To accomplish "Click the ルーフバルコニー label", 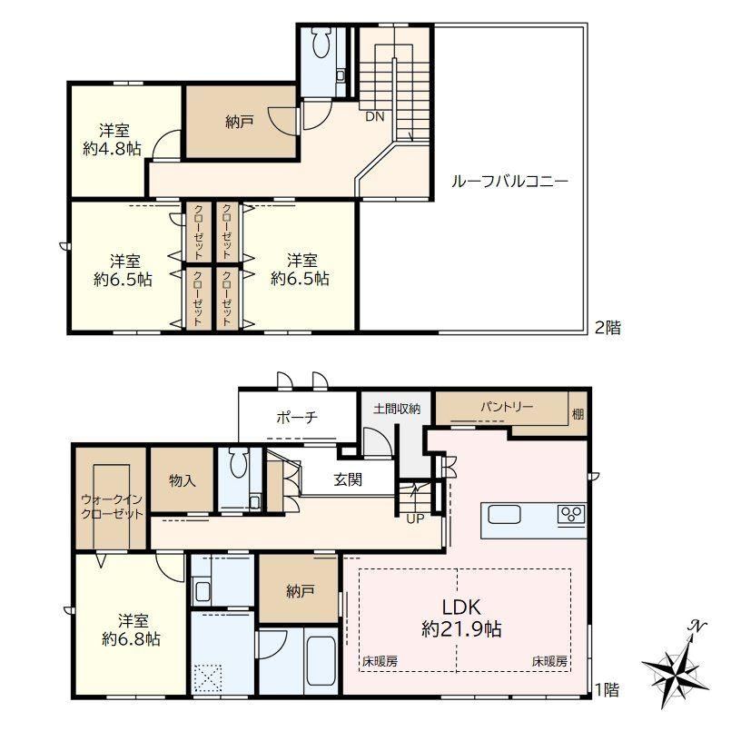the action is pos(509,182).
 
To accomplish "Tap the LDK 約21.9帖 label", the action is pos(461,618).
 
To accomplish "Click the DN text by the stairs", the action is pos(375,116).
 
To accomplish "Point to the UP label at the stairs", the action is pos(415,519).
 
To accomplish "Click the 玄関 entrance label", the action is pos(348,479).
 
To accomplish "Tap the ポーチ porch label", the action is pos(297,418).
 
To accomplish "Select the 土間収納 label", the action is pos(397,409).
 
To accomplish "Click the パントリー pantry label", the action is pos(507,407).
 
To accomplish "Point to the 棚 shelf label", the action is pos(578,414).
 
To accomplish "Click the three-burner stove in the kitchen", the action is pos(571,514).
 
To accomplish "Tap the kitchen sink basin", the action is pos(504,515).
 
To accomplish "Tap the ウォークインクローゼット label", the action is pos(112,507).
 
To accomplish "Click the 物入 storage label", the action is pos(182,480).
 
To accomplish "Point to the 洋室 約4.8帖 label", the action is pos(113,140).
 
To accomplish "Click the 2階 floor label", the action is pos(608,328).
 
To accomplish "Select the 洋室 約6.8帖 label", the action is pos(132,629).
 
